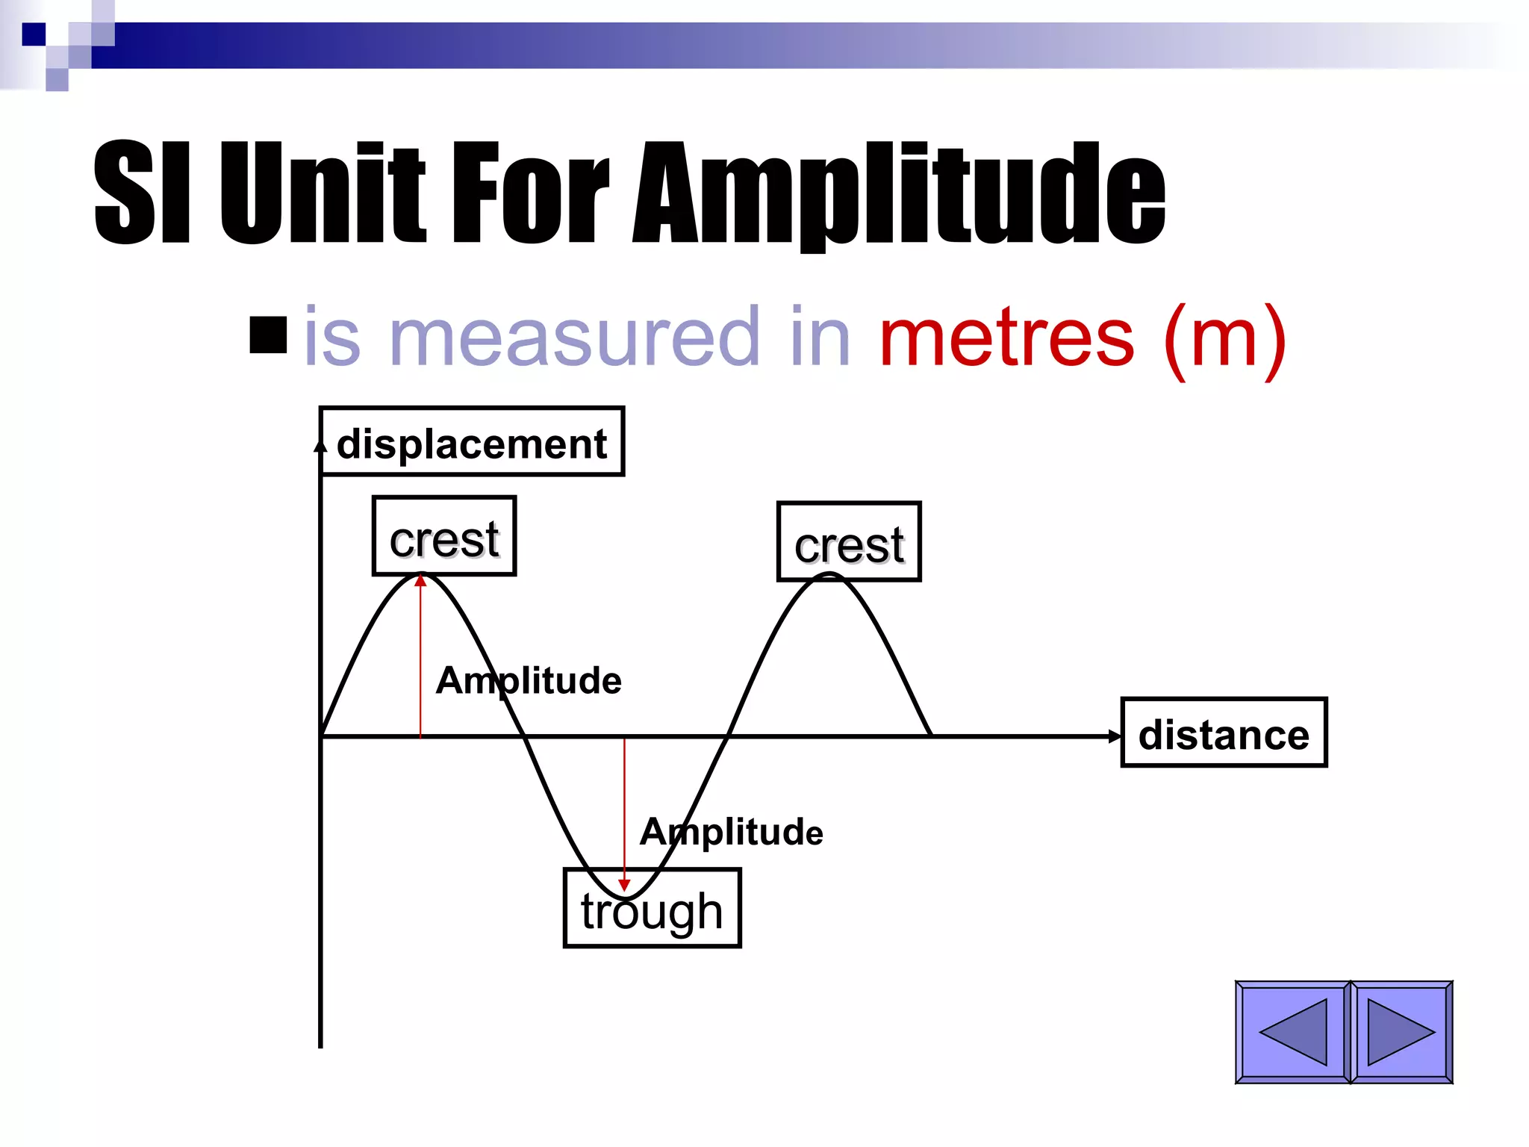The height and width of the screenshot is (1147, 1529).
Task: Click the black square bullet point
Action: coord(269,335)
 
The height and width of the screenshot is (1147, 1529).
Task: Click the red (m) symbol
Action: coord(1224,340)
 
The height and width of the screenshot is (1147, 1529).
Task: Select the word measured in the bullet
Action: coord(574,338)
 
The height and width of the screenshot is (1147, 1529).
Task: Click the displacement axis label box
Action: coord(472,442)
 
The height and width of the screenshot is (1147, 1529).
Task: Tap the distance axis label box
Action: coord(1224,733)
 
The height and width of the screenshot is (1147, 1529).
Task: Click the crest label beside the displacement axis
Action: coord(444,537)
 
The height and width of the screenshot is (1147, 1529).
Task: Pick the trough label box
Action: coord(652,910)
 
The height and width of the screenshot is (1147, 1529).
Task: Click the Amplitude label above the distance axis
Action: coord(529,680)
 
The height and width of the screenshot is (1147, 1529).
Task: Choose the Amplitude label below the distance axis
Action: coord(732,831)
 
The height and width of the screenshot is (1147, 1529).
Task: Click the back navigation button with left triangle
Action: coord(1293,1032)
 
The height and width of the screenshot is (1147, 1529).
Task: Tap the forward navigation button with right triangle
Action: coord(1401,1032)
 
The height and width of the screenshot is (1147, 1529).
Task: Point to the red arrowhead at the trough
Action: coord(624,885)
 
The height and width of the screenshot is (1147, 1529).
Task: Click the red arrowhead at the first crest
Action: coord(421,580)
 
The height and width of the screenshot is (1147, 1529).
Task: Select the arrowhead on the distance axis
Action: coord(1115,736)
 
